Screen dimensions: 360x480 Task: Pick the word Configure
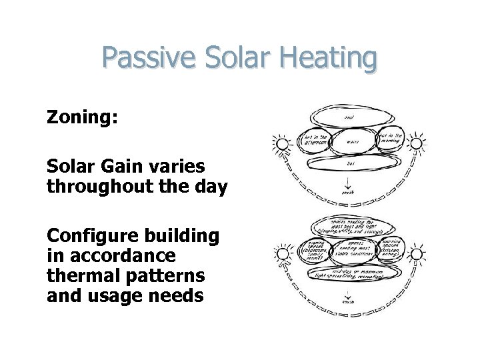click(91, 237)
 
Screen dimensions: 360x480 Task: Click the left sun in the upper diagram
click(281, 144)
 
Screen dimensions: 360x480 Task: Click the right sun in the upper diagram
click(417, 142)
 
